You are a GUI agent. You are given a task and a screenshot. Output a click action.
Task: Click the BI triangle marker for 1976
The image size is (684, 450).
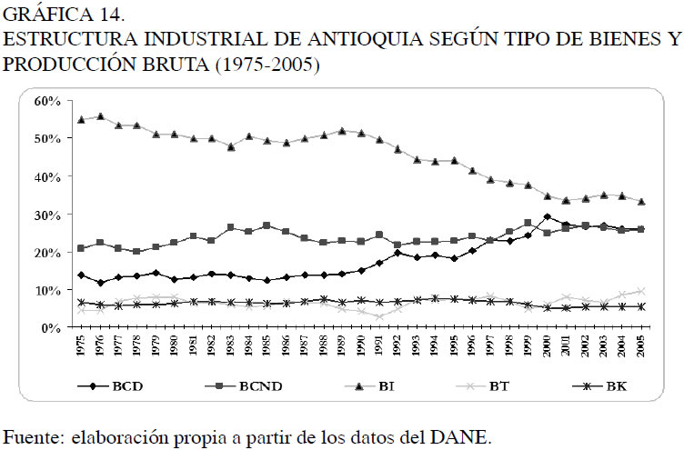pos(100,116)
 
